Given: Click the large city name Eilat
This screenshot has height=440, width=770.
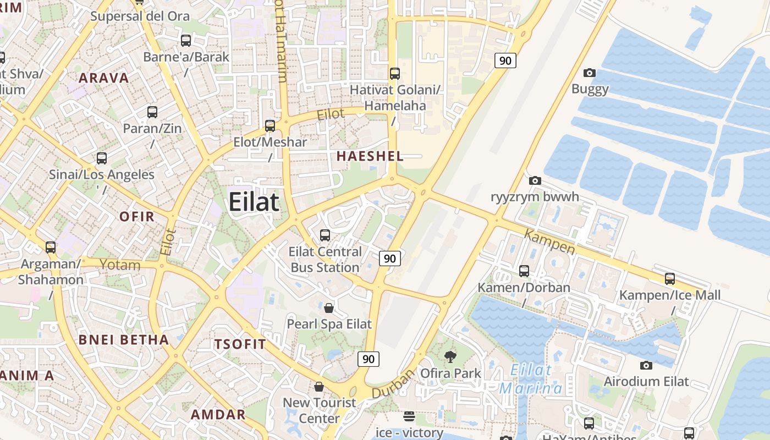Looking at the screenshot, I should pyautogui.click(x=254, y=202).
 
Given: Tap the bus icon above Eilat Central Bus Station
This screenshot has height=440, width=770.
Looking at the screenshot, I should pyautogui.click(x=325, y=235).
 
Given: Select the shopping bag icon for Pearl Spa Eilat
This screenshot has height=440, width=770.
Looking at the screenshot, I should pyautogui.click(x=329, y=307).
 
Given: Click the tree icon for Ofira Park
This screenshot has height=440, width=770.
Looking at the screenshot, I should pyautogui.click(x=450, y=356).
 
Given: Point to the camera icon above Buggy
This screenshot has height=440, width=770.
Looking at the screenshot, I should pyautogui.click(x=590, y=73).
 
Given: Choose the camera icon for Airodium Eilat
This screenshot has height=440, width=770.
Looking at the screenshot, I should pyautogui.click(x=646, y=365).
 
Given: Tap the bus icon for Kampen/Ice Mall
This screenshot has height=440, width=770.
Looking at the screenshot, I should pyautogui.click(x=669, y=279).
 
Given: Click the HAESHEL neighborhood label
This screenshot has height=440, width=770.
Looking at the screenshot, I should pyautogui.click(x=370, y=156).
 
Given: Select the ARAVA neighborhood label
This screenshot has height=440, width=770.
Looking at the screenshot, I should pyautogui.click(x=104, y=78).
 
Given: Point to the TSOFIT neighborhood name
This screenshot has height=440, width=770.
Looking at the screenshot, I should pyautogui.click(x=240, y=345).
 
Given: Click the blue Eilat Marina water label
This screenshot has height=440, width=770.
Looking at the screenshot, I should pyautogui.click(x=531, y=379).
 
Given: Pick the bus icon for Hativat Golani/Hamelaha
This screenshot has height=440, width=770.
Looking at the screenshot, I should pyautogui.click(x=394, y=73).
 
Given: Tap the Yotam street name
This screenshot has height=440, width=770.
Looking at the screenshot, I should pyautogui.click(x=120, y=265).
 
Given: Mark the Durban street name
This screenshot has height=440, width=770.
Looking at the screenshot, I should pyautogui.click(x=393, y=384).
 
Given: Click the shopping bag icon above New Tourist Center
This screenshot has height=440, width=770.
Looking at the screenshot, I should pyautogui.click(x=319, y=387).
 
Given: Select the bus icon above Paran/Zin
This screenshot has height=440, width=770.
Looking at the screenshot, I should pyautogui.click(x=152, y=112).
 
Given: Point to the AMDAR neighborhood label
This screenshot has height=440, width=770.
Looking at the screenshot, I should pyautogui.click(x=218, y=415).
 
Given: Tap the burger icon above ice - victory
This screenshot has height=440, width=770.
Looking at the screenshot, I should pyautogui.click(x=409, y=416).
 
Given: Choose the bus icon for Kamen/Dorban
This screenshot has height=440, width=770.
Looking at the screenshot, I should pyautogui.click(x=524, y=271).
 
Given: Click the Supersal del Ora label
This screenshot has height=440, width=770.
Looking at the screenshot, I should pyautogui.click(x=140, y=16).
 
